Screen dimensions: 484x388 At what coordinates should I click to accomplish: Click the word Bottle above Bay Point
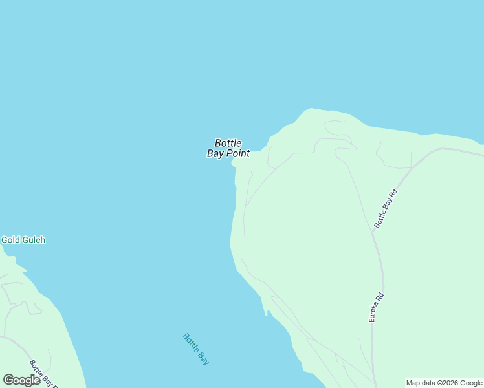(228, 143)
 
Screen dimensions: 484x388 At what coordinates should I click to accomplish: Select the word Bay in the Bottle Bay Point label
(215, 154)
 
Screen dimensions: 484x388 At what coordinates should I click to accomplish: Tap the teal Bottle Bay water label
(196, 349)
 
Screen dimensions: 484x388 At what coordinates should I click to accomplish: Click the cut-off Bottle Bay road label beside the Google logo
(44, 374)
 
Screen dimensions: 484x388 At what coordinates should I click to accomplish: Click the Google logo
(21, 380)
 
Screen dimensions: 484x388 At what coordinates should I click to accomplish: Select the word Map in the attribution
(413, 383)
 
